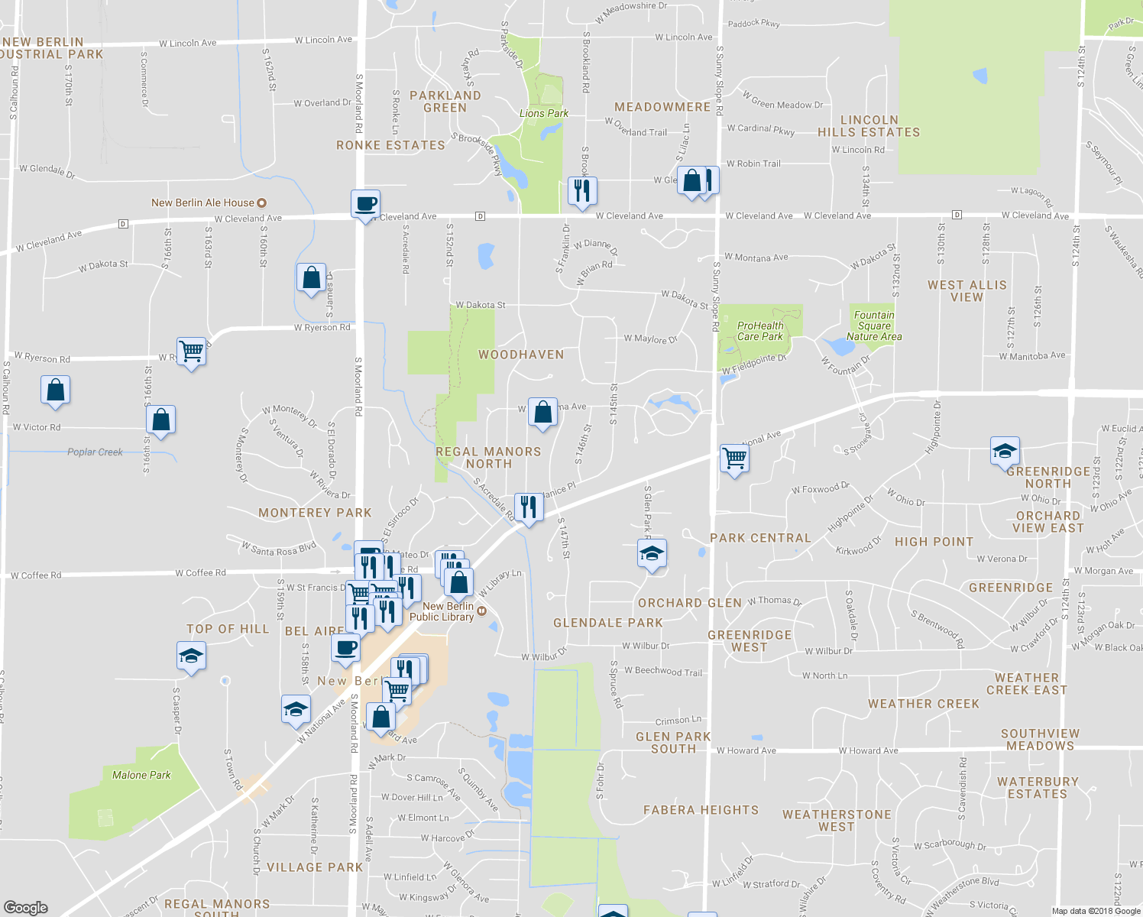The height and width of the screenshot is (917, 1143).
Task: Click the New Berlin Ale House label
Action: [202, 203]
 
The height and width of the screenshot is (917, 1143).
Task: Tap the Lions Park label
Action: [543, 113]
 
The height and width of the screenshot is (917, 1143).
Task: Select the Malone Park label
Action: [141, 775]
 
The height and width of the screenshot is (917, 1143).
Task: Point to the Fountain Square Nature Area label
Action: [873, 326]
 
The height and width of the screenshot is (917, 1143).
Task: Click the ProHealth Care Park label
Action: [759, 331]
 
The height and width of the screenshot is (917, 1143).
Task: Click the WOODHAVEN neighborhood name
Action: [521, 355]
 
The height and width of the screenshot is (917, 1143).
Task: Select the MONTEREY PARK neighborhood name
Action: [315, 513]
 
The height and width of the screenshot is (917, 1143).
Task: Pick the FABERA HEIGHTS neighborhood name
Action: [701, 810]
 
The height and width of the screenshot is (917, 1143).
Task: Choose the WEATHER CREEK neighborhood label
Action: [923, 704]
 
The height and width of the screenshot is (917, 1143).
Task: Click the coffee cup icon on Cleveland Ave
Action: [366, 204]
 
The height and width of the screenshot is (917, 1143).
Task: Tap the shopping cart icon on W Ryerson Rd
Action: [192, 352]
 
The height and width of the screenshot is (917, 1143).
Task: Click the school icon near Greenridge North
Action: [1005, 452]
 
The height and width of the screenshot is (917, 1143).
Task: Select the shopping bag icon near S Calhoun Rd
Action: [56, 390]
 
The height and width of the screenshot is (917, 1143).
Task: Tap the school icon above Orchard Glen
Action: [652, 553]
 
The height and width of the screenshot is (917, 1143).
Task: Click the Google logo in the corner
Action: [26, 908]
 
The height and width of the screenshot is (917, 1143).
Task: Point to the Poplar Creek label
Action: [95, 452]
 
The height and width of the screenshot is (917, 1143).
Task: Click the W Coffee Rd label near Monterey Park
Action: [200, 572]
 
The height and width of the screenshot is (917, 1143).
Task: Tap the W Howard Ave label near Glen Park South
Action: [746, 750]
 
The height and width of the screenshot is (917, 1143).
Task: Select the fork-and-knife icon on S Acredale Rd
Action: [528, 507]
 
